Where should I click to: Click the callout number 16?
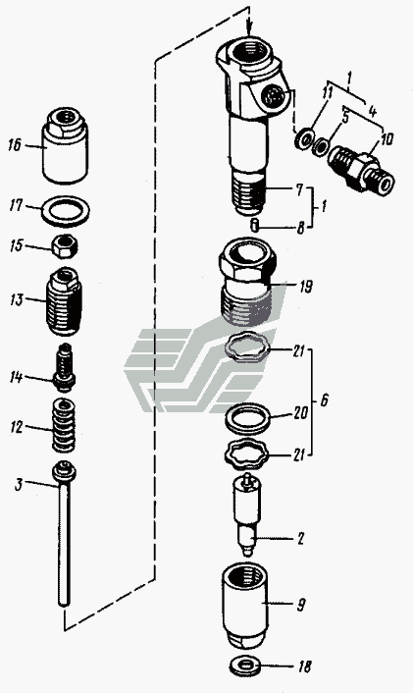pyautogui.click(x=15, y=144)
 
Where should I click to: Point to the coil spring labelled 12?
pyautogui.click(x=64, y=425)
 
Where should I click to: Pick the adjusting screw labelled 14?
pyautogui.click(x=65, y=367)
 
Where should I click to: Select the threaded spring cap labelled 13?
pyautogui.click(x=64, y=301)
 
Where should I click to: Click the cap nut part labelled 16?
pyautogui.click(x=65, y=145)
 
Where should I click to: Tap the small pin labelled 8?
pyautogui.click(x=254, y=224)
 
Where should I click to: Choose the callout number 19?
pyautogui.click(x=305, y=288)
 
